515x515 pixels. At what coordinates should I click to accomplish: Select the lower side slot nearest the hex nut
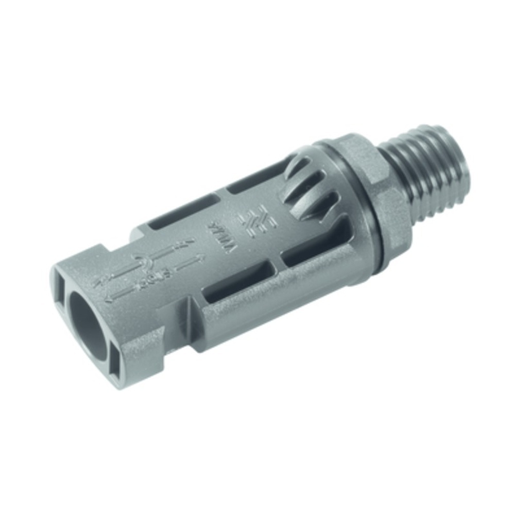(309, 247)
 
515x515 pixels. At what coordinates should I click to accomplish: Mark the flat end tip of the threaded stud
(453, 154)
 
